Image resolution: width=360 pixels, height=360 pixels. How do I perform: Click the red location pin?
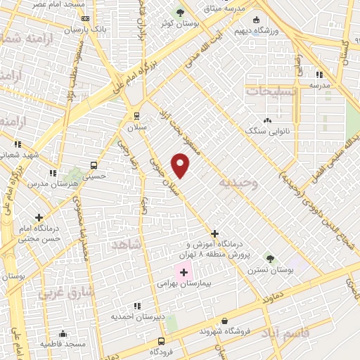181,166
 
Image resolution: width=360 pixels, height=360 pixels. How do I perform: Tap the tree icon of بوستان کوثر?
180,12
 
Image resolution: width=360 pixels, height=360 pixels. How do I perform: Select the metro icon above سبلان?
136,116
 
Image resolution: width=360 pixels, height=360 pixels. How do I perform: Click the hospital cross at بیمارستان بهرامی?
184,272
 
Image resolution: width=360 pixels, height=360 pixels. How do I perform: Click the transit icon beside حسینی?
93,166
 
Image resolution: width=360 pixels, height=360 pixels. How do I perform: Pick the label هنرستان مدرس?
46,183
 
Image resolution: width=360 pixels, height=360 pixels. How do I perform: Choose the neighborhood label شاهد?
127,243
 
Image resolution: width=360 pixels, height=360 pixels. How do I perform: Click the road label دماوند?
271,299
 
